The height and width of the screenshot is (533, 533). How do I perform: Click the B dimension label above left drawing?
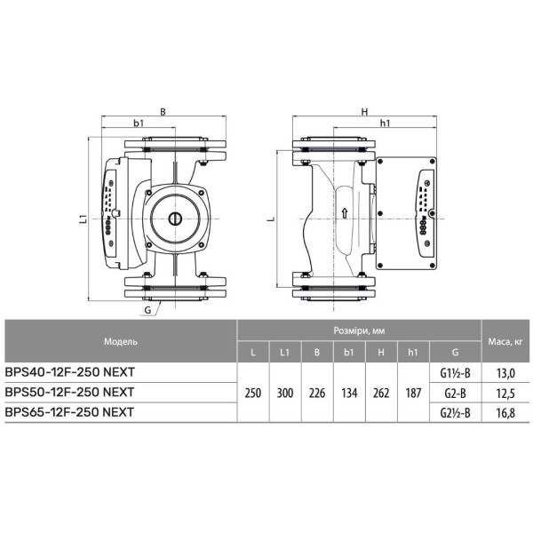[163, 112]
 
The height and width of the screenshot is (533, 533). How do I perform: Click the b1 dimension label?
[139, 123]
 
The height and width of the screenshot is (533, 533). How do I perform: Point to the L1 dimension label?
[83, 219]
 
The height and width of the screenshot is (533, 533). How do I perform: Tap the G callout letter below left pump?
[147, 310]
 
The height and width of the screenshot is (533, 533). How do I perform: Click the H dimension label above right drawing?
[365, 112]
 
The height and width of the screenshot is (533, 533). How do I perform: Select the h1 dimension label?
[385, 123]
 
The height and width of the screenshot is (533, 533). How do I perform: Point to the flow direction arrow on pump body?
[345, 213]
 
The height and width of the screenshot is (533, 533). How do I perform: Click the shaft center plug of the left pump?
[175, 219]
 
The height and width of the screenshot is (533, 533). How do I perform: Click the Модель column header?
[121, 341]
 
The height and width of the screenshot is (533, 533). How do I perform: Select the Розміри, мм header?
[359, 330]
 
